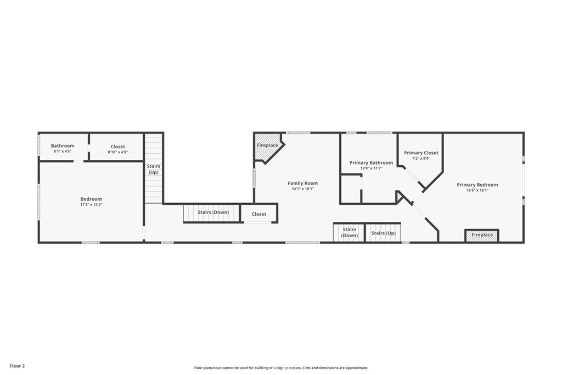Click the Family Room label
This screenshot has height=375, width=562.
(x=302, y=183)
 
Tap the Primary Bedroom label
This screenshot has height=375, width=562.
(x=477, y=184)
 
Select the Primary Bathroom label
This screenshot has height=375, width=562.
(x=371, y=163)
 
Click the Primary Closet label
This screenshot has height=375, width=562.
(x=421, y=153)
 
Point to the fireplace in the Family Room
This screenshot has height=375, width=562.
(x=267, y=146)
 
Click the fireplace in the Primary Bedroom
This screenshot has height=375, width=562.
(x=482, y=236)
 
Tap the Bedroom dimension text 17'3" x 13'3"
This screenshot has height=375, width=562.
(x=91, y=205)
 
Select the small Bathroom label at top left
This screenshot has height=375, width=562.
(x=63, y=146)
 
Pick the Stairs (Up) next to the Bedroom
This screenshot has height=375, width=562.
(x=154, y=169)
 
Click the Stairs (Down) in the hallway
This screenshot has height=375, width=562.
(x=213, y=212)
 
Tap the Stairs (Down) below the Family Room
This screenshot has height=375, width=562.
(x=349, y=232)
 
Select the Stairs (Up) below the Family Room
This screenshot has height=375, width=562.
(x=383, y=233)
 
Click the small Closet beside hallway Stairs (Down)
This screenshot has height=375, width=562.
(x=259, y=214)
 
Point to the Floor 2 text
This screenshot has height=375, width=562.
(x=17, y=366)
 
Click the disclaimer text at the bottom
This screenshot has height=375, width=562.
(x=280, y=368)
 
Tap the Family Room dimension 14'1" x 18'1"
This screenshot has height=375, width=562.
(x=302, y=189)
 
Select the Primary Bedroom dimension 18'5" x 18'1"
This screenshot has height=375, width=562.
(x=477, y=190)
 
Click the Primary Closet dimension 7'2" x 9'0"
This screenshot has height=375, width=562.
(x=421, y=158)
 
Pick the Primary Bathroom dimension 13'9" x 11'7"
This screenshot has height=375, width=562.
(x=371, y=168)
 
